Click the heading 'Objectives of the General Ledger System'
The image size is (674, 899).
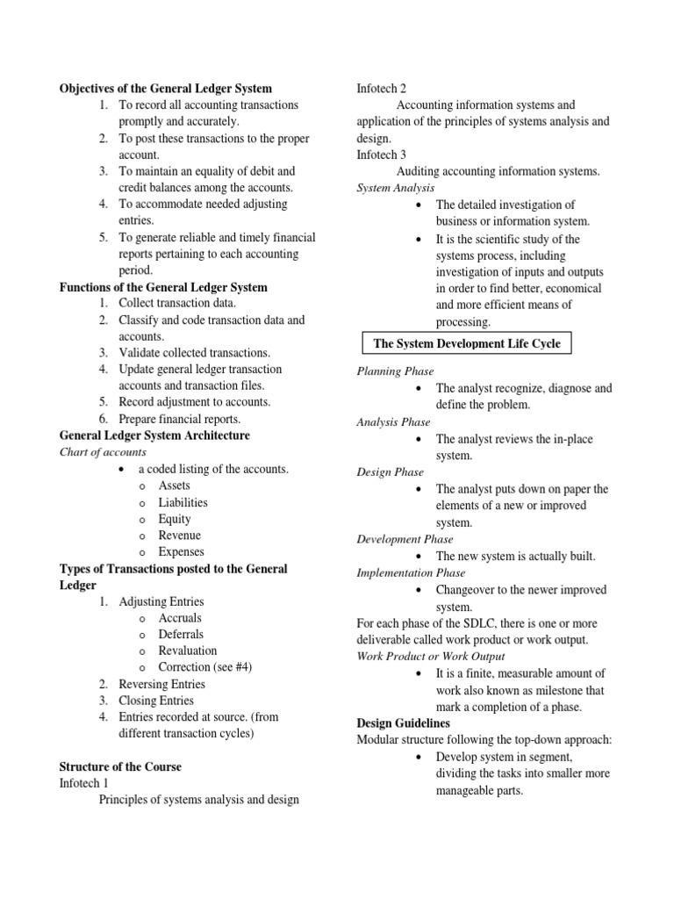click(x=165, y=89)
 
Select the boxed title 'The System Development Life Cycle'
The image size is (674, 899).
click(x=467, y=343)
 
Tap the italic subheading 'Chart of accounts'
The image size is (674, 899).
click(x=103, y=452)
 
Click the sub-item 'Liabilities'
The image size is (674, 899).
click(x=183, y=502)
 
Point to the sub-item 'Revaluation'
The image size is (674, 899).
click(x=187, y=651)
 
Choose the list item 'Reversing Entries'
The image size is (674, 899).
click(x=161, y=684)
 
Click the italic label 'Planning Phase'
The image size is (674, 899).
click(x=395, y=371)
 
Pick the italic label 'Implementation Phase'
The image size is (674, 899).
click(x=411, y=572)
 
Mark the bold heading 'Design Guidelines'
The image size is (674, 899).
click(x=403, y=723)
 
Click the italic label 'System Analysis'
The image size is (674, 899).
click(x=395, y=188)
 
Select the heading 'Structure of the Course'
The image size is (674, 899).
click(x=120, y=766)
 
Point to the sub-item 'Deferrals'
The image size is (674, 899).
click(x=181, y=634)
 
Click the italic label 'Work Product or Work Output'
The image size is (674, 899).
click(x=430, y=656)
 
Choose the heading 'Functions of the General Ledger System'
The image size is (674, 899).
click(x=163, y=287)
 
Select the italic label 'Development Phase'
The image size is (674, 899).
click(x=405, y=539)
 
